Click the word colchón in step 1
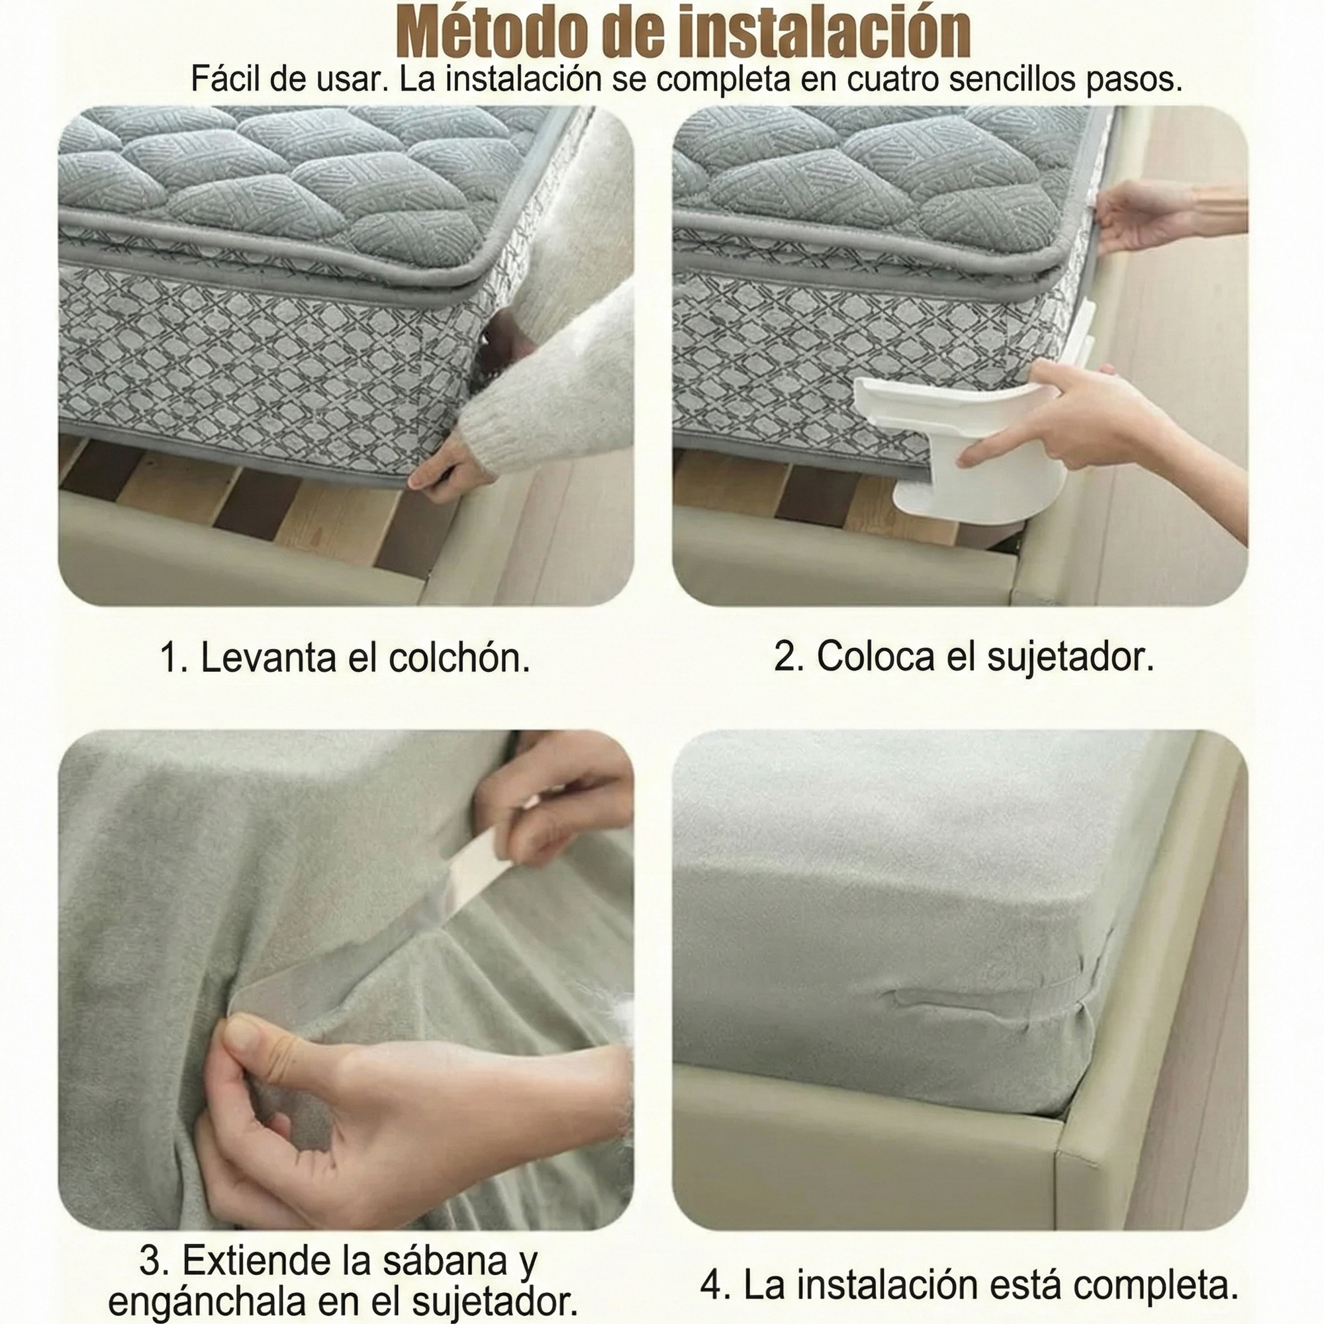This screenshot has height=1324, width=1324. click(459, 658)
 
